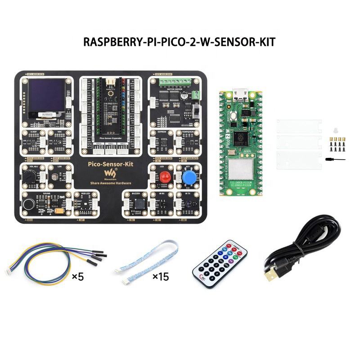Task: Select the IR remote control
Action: coord(221,263)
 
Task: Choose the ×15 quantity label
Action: coord(160,276)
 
